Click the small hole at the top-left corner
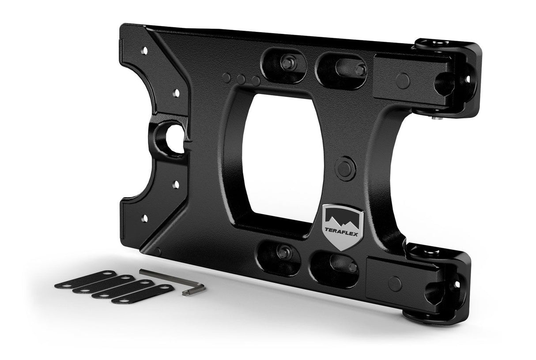point(143,51)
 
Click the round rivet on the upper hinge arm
point(402,80)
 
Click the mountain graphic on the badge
point(340,216)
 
